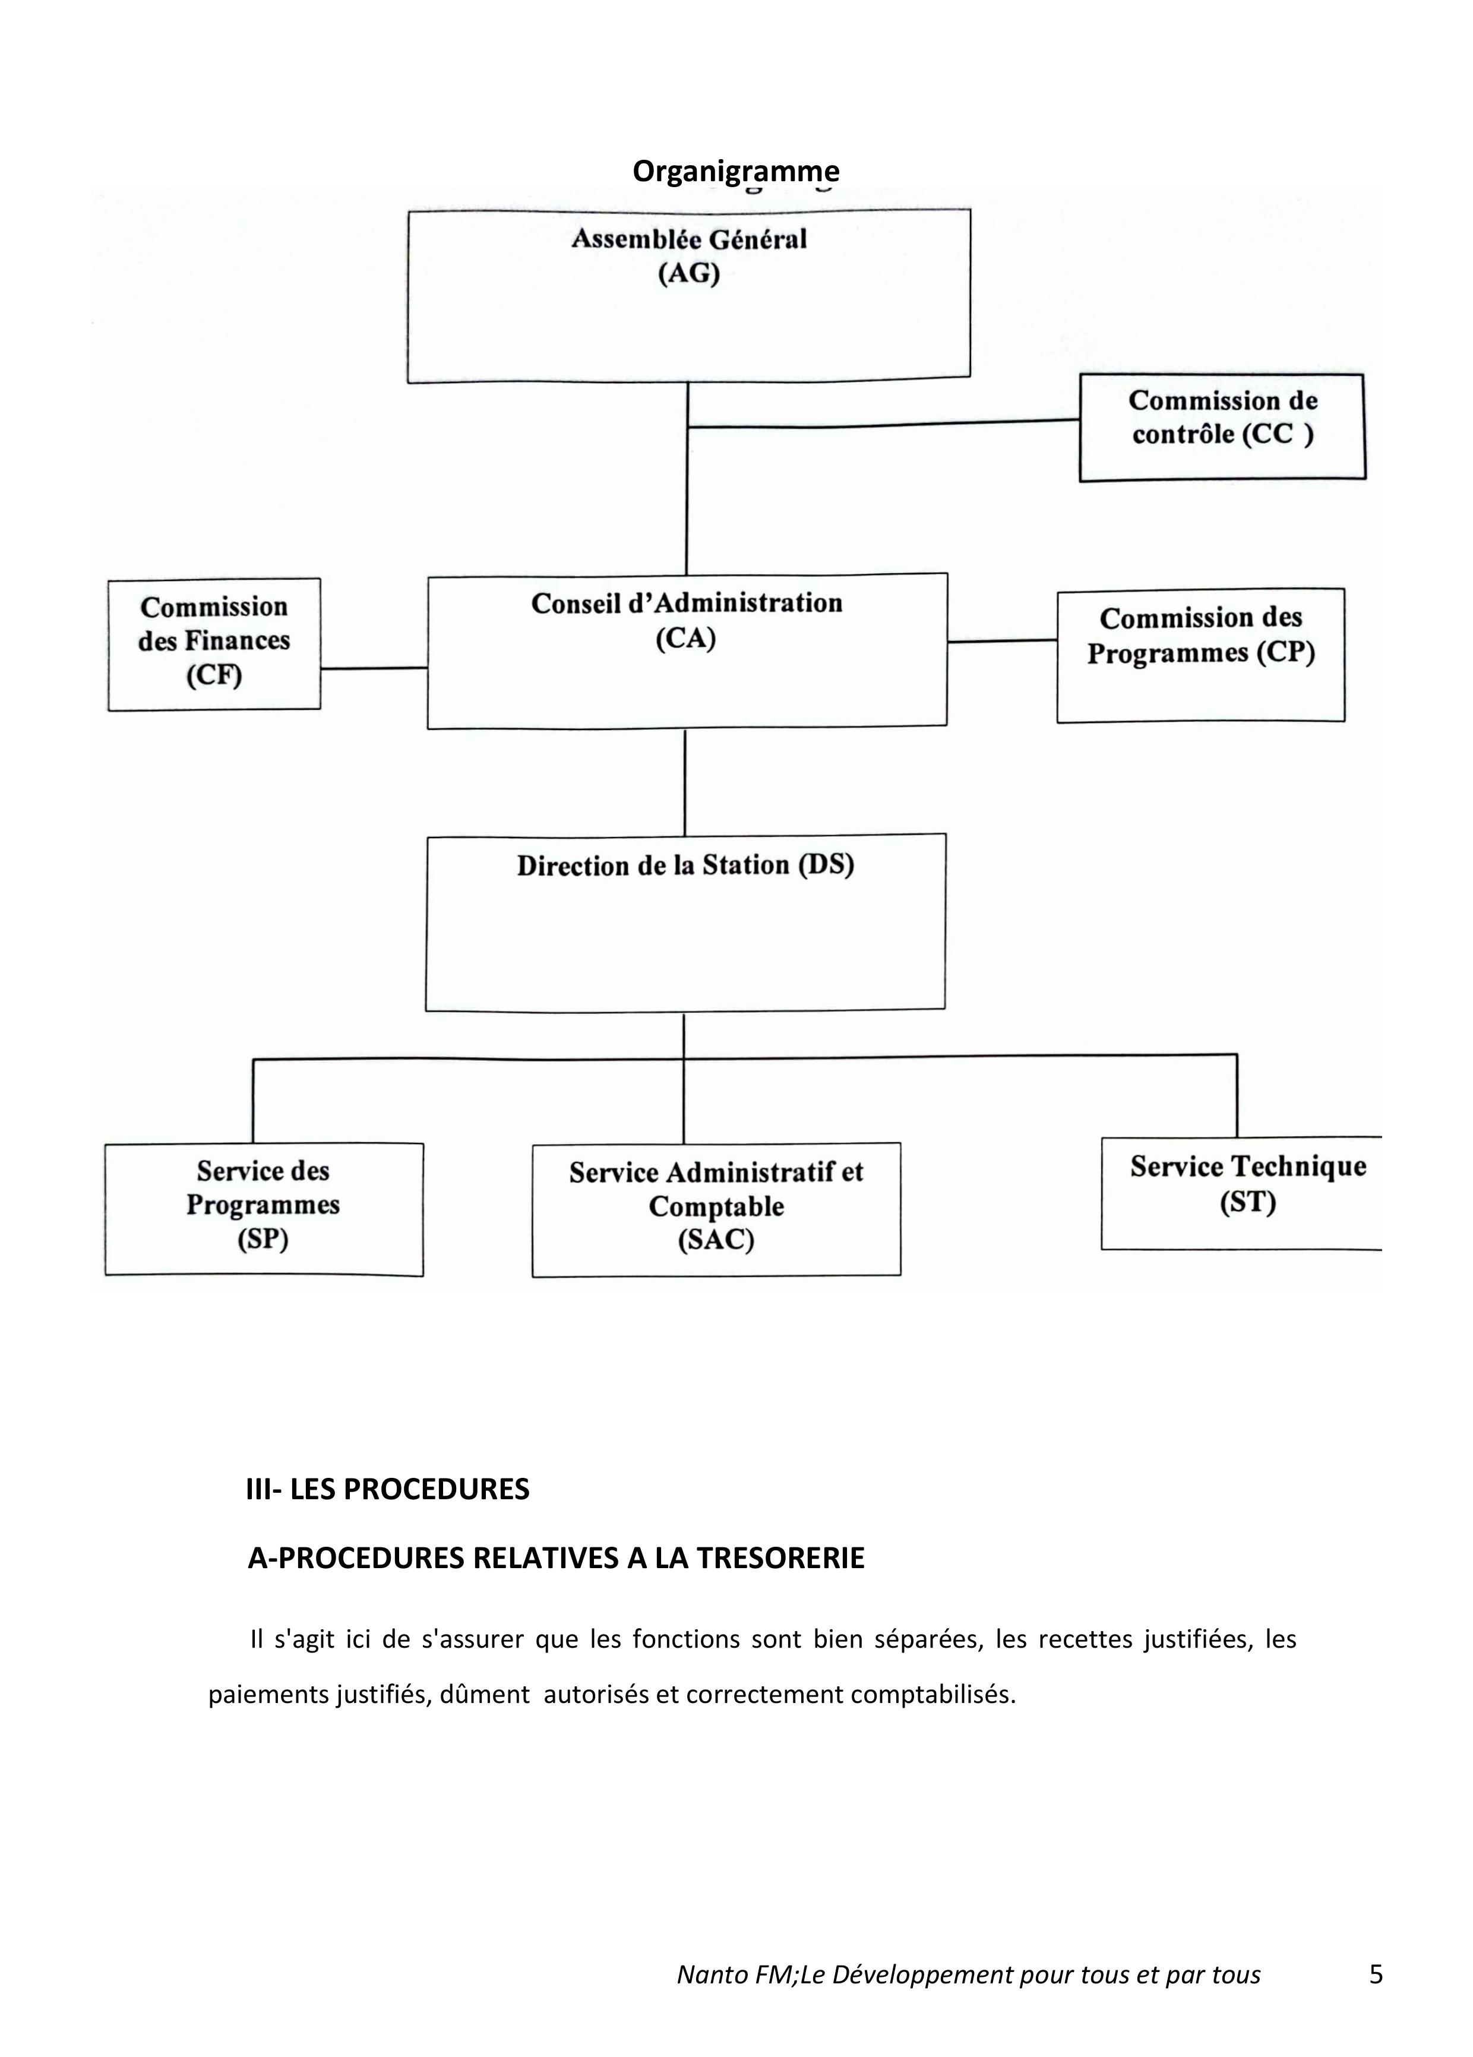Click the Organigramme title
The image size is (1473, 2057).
[735, 172]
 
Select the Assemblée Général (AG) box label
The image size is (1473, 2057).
[688, 256]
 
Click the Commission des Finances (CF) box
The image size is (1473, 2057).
[214, 644]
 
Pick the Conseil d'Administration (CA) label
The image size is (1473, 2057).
[687, 620]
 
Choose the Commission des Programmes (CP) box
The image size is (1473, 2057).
[1200, 655]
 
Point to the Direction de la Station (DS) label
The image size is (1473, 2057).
[685, 865]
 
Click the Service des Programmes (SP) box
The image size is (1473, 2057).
[264, 1209]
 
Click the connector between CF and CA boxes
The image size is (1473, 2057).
[374, 668]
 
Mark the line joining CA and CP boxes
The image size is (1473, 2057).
[1002, 642]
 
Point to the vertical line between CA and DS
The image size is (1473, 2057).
[685, 781]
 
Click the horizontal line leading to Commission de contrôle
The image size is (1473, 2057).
[883, 424]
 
